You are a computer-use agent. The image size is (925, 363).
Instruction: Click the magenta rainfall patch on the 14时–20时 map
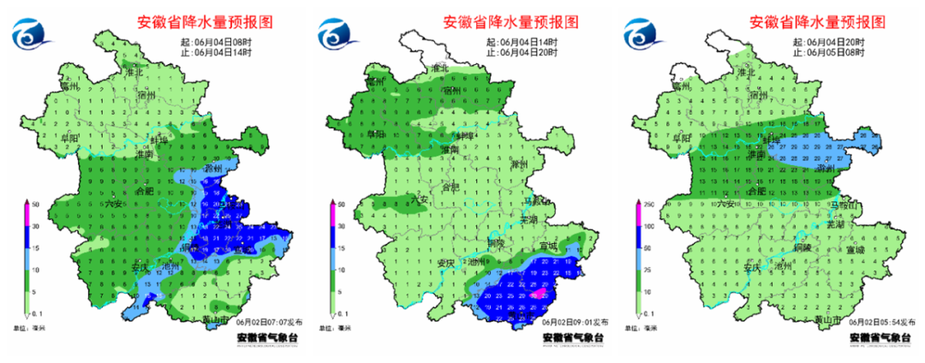(x=539, y=294)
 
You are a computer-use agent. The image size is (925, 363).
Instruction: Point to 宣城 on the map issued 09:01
(x=547, y=247)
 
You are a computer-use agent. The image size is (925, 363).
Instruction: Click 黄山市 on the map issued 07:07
(x=215, y=320)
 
